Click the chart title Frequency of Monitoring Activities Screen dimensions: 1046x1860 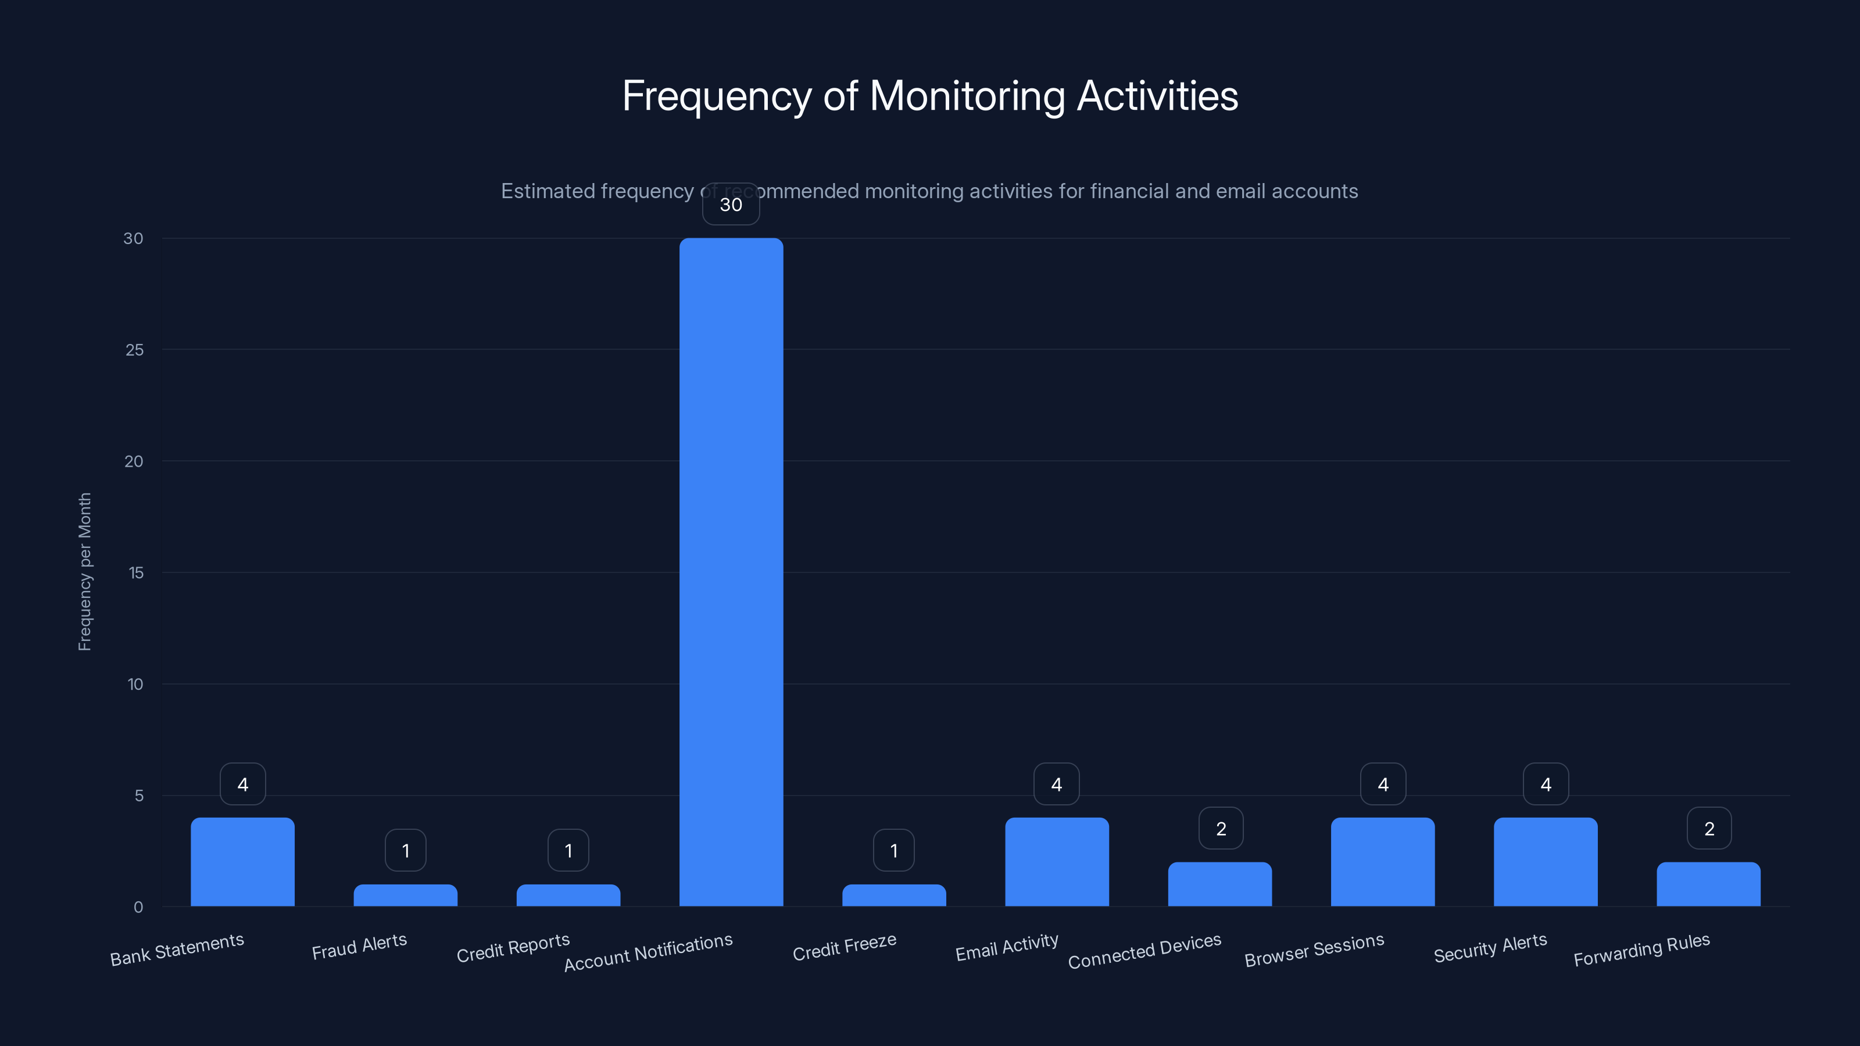coord(930,96)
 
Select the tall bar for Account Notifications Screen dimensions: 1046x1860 coord(731,570)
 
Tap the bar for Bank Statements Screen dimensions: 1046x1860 coord(242,862)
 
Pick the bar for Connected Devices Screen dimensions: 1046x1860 coord(1219,884)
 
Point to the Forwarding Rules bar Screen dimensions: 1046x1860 coord(1708,884)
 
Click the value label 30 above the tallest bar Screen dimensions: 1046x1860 coord(731,205)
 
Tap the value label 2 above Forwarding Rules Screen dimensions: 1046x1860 coord(1708,829)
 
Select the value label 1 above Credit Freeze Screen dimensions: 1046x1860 coord(894,850)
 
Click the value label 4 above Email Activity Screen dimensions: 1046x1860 coord(1056,784)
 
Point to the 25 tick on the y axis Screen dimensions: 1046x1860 coord(134,350)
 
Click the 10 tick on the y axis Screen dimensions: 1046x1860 coord(135,685)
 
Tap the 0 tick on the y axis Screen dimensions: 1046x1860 coord(138,907)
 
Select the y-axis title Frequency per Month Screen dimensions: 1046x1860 coord(84,572)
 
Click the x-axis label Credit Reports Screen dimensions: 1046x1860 coord(513,948)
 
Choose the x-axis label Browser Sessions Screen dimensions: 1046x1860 coord(1314,950)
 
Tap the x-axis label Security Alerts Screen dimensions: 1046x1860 coord(1490,948)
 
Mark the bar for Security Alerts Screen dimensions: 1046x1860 coord(1545,862)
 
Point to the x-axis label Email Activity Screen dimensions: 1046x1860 coord(1007,948)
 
